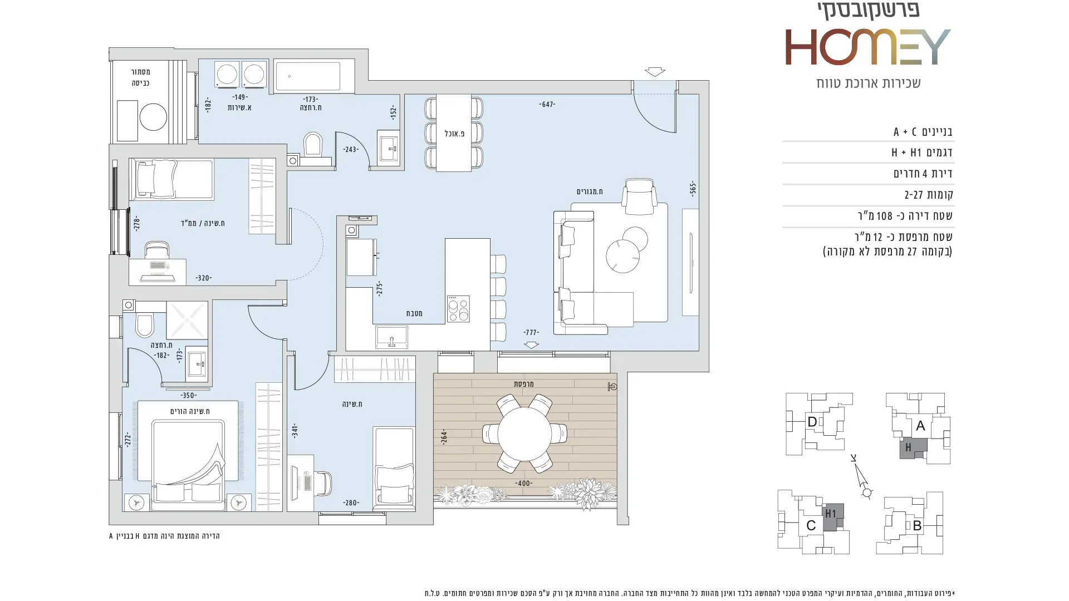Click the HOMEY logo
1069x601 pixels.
coord(867,47)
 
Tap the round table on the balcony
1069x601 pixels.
coord(524,433)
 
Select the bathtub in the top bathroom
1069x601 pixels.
coord(307,75)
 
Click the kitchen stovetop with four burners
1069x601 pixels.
coord(458,309)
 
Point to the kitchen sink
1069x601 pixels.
coord(391,337)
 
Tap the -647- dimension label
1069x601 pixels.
coord(547,104)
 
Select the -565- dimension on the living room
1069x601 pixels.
coord(693,188)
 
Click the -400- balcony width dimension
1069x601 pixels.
coord(523,483)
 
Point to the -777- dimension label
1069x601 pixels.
coord(531,332)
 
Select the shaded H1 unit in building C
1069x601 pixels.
coord(833,517)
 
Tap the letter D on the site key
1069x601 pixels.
coord(812,422)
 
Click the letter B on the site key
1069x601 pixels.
coord(917,525)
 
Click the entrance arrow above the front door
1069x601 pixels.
coord(655,72)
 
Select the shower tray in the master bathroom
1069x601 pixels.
coord(187,320)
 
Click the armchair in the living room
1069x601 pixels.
coord(639,196)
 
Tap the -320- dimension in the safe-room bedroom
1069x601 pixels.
coord(203,278)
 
